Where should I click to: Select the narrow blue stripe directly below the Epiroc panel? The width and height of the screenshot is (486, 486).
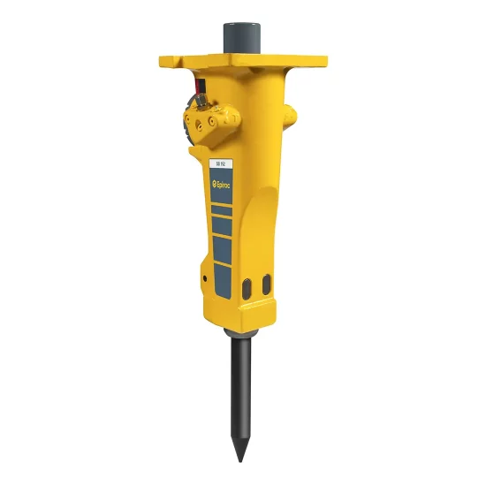click(220, 206)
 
